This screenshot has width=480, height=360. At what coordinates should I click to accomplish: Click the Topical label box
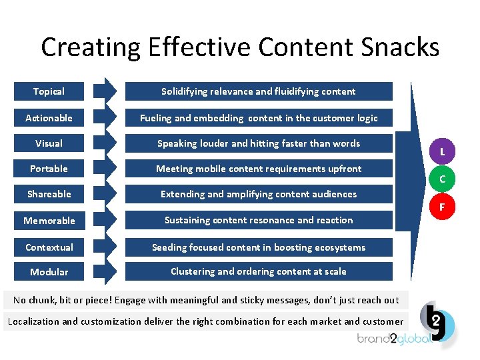pos(49,91)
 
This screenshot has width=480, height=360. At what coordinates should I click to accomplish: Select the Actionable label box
pos(49,118)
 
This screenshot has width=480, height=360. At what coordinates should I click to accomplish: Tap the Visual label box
pos(49,143)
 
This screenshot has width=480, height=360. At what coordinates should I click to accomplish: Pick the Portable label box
pos(49,169)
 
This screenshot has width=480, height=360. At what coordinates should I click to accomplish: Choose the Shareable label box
pos(49,194)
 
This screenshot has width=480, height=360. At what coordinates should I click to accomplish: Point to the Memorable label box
pos(49,220)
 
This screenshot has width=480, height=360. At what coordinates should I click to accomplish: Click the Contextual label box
pos(49,247)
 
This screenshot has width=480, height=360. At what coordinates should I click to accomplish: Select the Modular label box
pos(49,271)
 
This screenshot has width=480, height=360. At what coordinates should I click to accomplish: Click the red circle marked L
pos(442,151)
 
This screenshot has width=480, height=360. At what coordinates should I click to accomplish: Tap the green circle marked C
pos(442,179)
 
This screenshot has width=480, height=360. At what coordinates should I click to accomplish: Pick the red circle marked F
pos(442,207)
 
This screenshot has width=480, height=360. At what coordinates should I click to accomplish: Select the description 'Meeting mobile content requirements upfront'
pos(259,169)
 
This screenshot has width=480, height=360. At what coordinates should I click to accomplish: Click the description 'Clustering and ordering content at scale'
pos(259,271)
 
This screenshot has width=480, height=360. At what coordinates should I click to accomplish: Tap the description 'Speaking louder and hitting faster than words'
pos(259,143)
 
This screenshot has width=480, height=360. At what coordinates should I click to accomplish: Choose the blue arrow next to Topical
pos(105,91)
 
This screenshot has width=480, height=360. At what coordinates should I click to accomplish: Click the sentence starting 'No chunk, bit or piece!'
pos(206,300)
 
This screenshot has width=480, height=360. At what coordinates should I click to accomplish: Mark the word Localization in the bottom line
pos(33,321)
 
